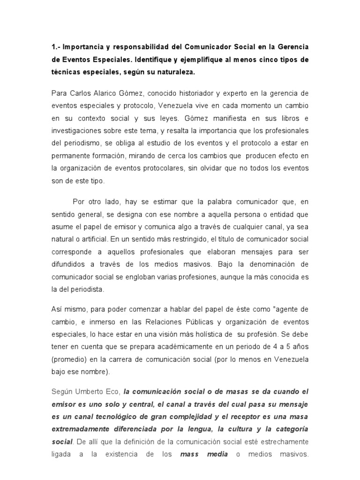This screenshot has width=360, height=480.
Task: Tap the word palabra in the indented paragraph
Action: (x=201, y=202)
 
